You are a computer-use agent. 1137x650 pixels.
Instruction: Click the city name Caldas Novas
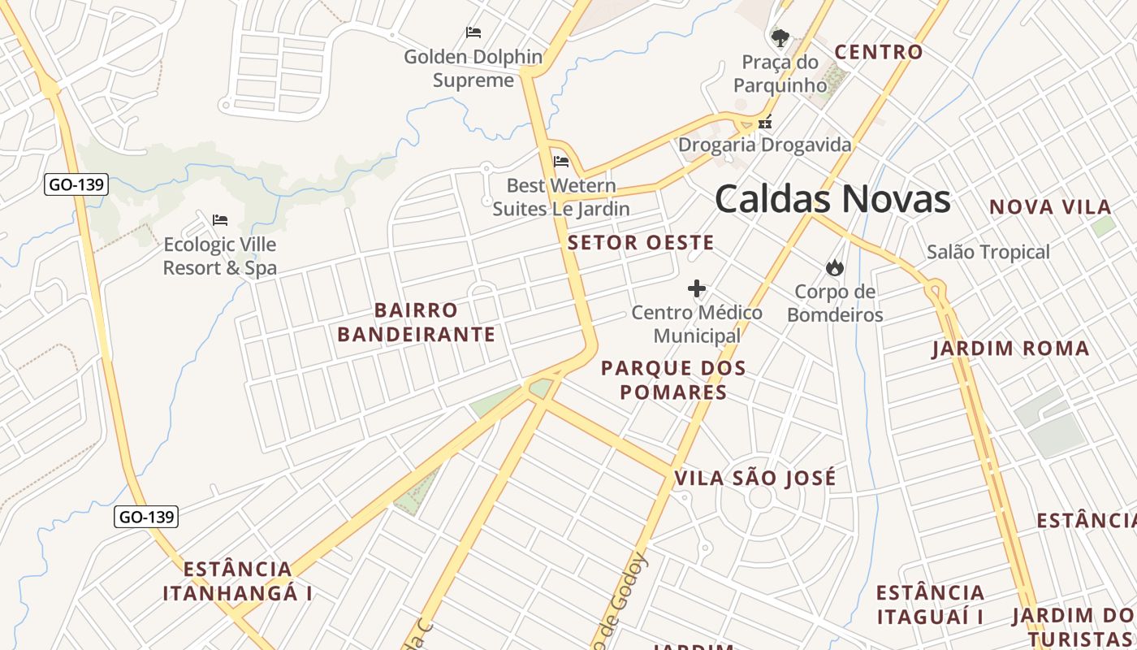point(832,199)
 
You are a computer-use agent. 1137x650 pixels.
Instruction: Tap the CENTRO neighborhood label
point(879,52)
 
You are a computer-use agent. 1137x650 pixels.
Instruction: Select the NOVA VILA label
point(1050,207)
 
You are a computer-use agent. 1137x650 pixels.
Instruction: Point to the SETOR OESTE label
point(641,242)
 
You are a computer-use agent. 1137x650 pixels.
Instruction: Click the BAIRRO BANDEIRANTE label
point(416,323)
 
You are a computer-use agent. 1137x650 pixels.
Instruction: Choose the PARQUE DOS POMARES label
point(673,380)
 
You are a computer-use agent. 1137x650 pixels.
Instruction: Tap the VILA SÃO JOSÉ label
point(755,479)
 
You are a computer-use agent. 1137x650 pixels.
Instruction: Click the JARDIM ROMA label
point(1010,349)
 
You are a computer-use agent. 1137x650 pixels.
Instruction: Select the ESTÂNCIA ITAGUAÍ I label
point(931,604)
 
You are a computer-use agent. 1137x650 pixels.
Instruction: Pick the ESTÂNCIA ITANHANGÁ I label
point(238,581)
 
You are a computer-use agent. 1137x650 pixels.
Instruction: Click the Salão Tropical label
point(988,252)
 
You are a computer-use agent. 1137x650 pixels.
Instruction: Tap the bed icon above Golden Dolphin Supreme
point(473,32)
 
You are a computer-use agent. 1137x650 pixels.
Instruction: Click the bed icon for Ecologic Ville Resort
point(220,219)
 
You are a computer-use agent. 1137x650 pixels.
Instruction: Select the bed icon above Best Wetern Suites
point(561,162)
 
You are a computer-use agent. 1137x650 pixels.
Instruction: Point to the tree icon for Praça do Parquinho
point(780,37)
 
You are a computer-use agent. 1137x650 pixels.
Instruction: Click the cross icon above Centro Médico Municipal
point(696,288)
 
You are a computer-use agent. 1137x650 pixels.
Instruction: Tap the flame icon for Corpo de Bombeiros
point(834,267)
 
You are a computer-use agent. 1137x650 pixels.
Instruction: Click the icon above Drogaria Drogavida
point(764,123)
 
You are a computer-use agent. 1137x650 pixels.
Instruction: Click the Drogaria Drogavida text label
point(765,145)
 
